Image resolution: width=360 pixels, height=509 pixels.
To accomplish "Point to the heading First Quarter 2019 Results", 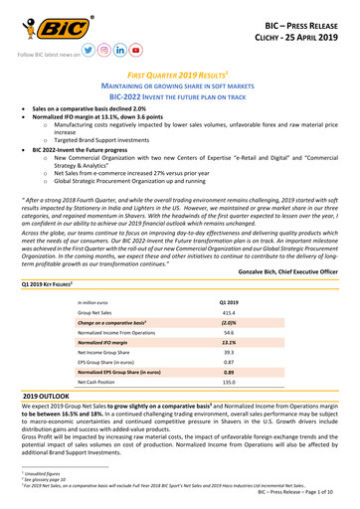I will [179, 77].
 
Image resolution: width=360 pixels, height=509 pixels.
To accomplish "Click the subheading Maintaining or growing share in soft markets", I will [180, 90].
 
